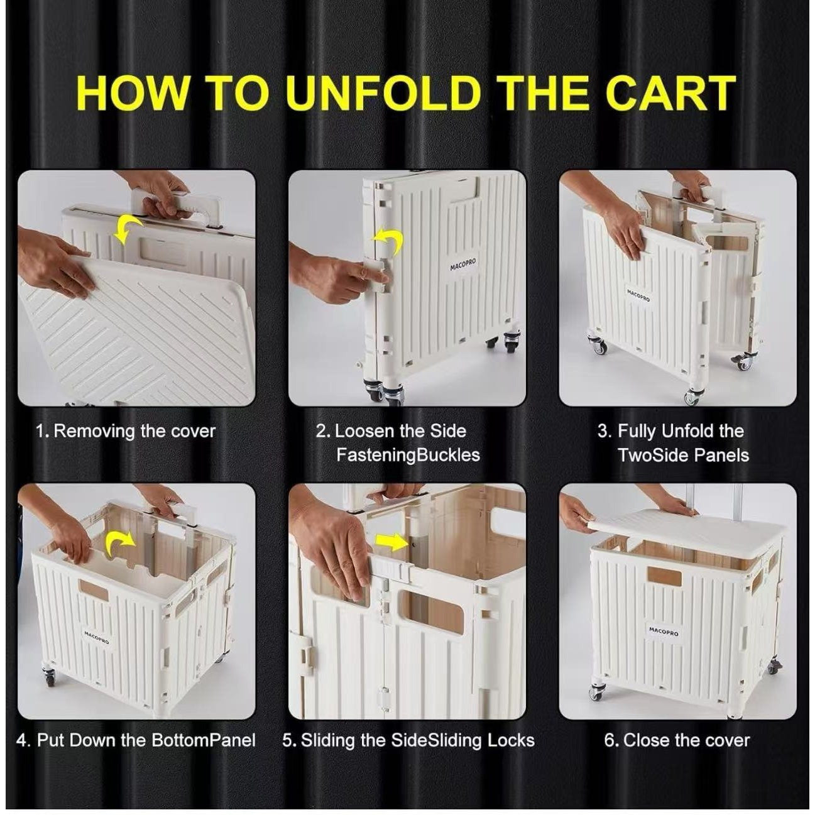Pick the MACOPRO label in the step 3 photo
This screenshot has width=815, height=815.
638,296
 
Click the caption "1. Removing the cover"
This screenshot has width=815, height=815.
125,432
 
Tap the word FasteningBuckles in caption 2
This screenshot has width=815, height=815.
408,456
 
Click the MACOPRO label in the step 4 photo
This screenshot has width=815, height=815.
96,638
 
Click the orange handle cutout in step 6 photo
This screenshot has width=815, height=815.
664,577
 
